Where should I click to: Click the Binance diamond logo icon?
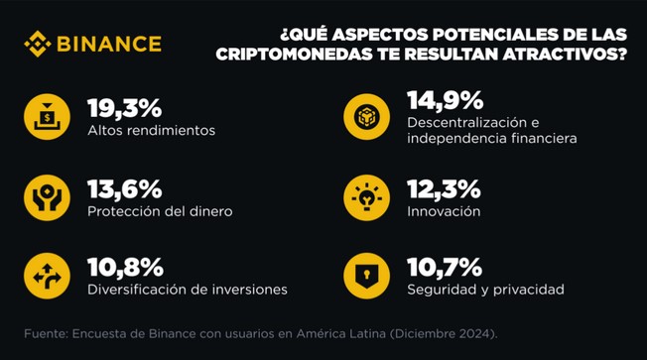click(x=37, y=44)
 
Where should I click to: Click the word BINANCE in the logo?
click(x=107, y=44)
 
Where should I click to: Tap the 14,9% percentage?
click(x=445, y=99)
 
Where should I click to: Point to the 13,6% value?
click(x=125, y=189)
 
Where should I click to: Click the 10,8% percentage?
click(x=125, y=268)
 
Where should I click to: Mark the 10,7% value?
click(x=445, y=268)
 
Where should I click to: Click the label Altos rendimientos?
click(x=151, y=130)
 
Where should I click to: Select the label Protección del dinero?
click(x=160, y=211)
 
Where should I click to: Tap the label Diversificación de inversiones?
click(x=188, y=290)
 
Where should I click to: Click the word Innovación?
click(x=444, y=211)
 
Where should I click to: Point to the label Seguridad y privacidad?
click(x=485, y=290)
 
